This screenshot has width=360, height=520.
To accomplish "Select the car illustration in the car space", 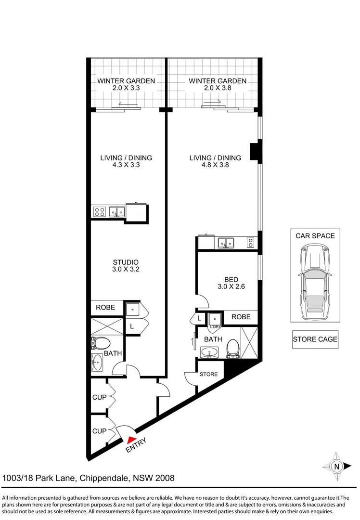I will click(315, 281).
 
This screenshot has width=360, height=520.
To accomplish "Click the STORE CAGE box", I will click(315, 339).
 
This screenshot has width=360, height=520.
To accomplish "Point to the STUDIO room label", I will click(126, 262).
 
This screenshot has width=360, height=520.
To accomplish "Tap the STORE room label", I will click(208, 374).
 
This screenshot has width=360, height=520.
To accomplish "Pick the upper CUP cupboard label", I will click(100, 398).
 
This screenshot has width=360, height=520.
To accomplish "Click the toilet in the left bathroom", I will click(101, 343).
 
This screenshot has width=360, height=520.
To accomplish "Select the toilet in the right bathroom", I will click(232, 348).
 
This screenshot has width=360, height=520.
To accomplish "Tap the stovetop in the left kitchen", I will click(99, 211).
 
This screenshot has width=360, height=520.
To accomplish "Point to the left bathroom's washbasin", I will click(97, 363).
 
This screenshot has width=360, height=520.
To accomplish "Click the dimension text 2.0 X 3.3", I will click(126, 89).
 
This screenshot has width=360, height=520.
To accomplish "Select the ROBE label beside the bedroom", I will click(241, 317).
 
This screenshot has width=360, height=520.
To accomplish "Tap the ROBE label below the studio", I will click(105, 307).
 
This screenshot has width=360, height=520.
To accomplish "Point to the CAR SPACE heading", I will click(315, 236).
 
